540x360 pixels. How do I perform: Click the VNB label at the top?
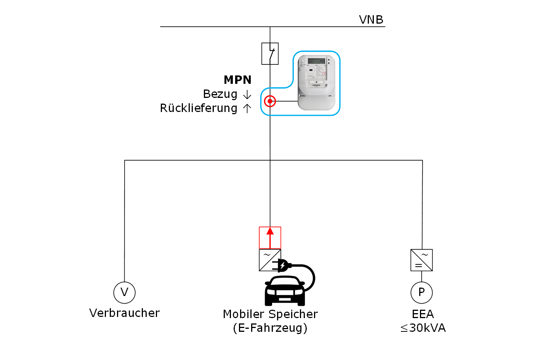point(371,20)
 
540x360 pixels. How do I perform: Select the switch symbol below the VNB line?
point(270,53)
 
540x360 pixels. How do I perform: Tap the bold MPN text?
point(237,80)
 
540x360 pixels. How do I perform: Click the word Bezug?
point(220,94)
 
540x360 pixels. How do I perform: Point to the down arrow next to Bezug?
point(247,94)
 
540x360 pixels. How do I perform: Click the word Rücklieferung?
point(199,108)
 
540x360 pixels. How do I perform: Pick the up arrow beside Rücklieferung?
point(247,109)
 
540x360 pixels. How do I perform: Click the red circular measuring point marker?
point(270,101)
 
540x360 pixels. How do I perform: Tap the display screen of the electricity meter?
point(316,61)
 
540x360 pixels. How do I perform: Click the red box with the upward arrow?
point(270,238)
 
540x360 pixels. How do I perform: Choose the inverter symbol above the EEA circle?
point(421,260)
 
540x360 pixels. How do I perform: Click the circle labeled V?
point(124,292)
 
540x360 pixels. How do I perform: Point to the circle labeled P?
point(421,292)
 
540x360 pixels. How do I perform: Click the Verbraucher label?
point(124,313)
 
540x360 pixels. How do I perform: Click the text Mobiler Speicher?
point(270,314)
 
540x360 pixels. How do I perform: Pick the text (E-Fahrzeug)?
point(270,328)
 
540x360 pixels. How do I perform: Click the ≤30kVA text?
point(423,328)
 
